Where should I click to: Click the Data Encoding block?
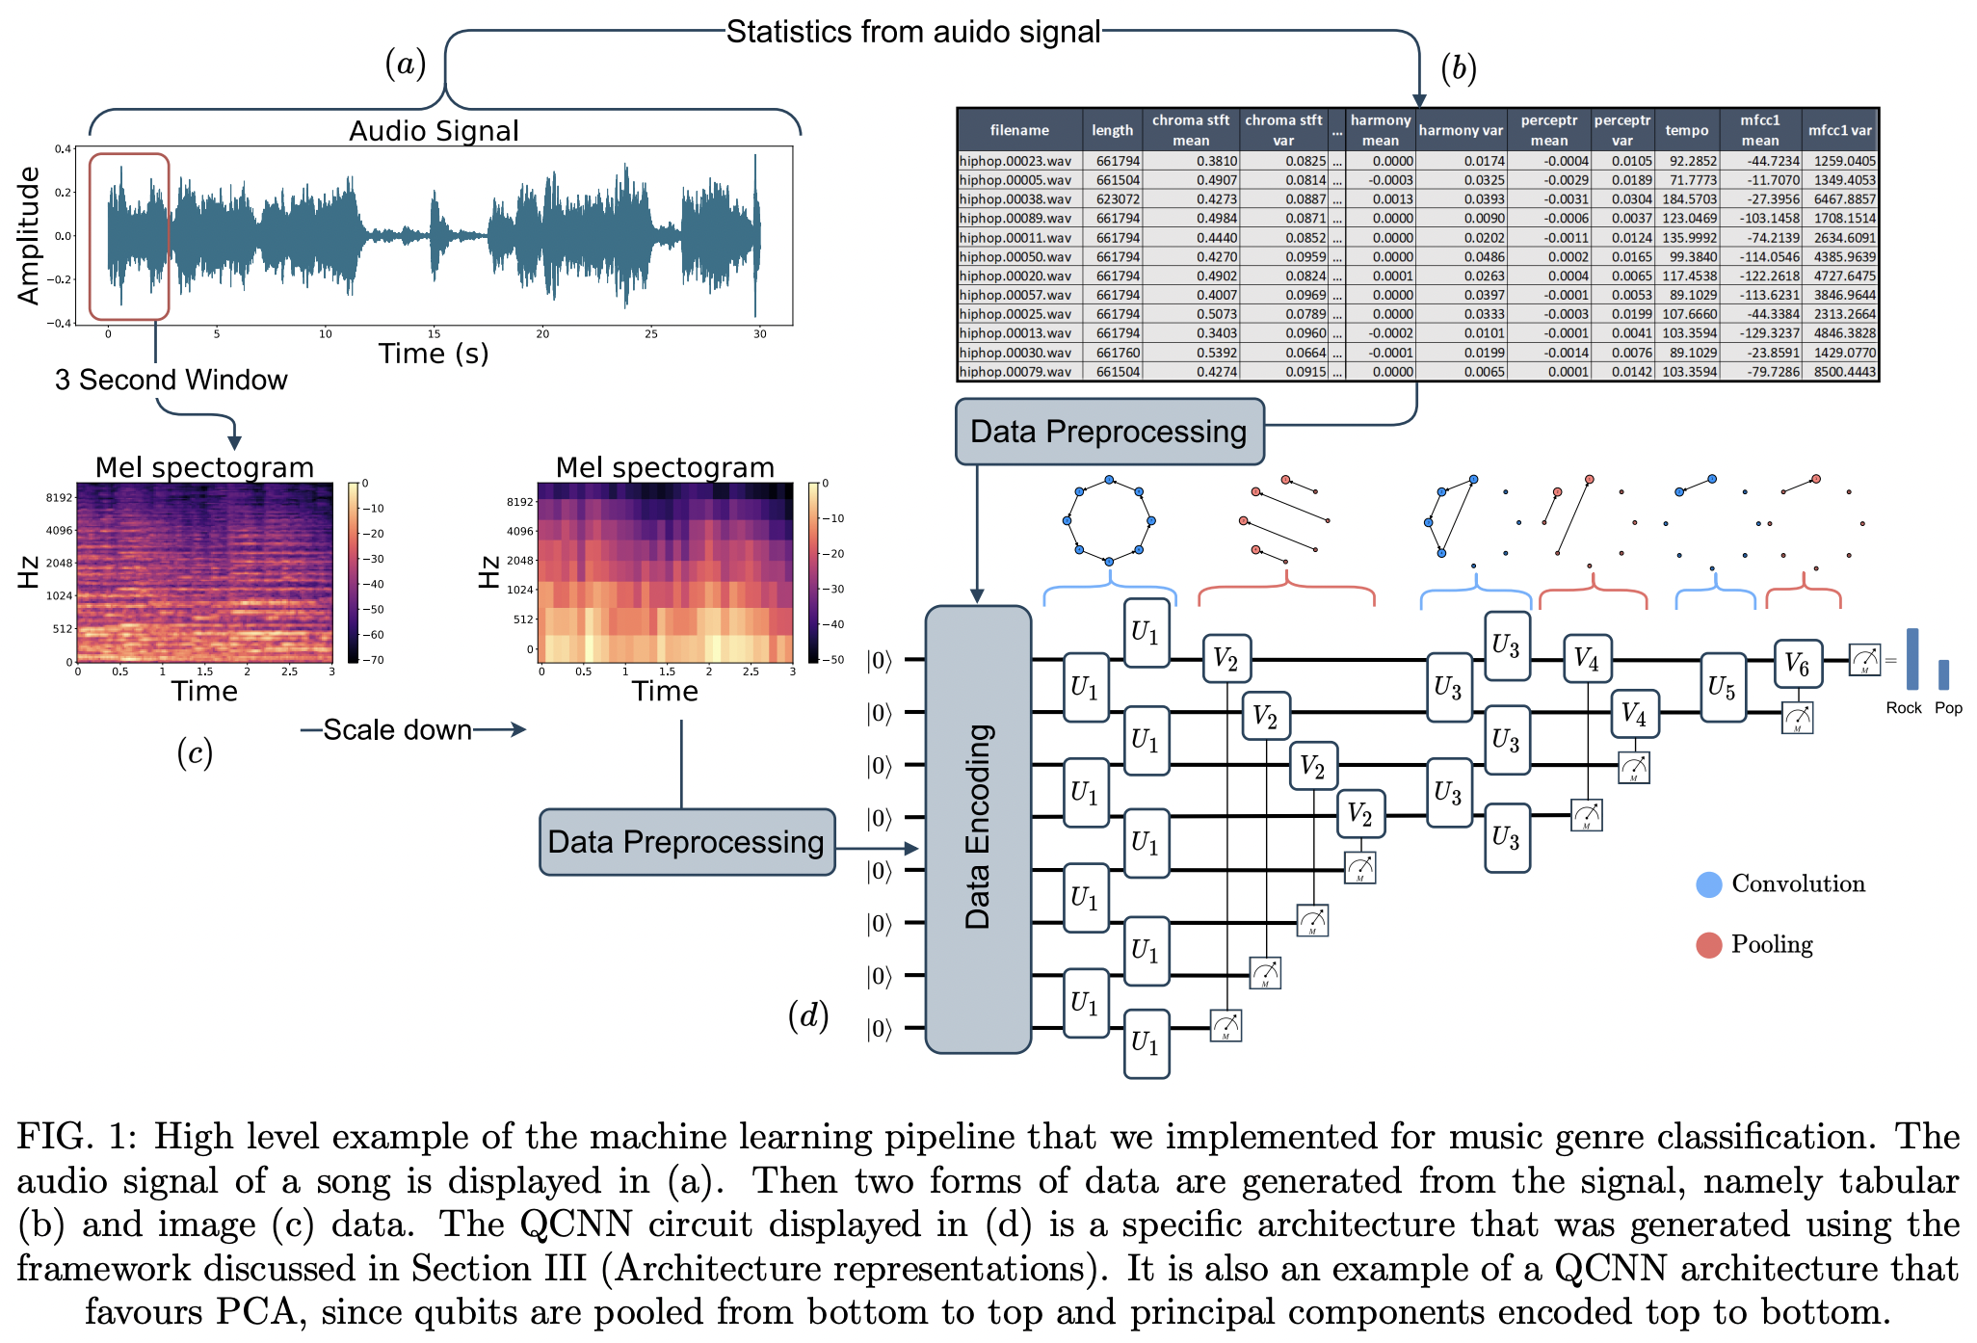[x=978, y=829]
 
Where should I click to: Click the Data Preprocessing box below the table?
[x=1109, y=432]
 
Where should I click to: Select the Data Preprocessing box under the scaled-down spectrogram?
[x=686, y=842]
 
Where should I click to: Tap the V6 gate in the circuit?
[x=1798, y=663]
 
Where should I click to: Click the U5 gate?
[x=1722, y=687]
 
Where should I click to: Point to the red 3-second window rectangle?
[x=129, y=236]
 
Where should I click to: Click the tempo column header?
[x=1686, y=130]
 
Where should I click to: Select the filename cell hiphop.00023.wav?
[x=1015, y=161]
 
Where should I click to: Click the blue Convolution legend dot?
[x=1708, y=884]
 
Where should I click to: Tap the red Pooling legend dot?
[x=1708, y=945]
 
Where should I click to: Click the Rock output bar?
[x=1911, y=659]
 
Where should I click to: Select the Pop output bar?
[x=1943, y=674]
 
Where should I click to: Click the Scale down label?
[x=397, y=730]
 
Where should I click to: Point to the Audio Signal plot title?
[x=434, y=131]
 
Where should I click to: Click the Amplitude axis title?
[x=30, y=235]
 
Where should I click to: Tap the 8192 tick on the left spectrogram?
[x=59, y=498]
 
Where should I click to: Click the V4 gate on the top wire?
[x=1586, y=659]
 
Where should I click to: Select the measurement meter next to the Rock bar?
[x=1864, y=660]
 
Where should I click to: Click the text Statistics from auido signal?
[x=912, y=32]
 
